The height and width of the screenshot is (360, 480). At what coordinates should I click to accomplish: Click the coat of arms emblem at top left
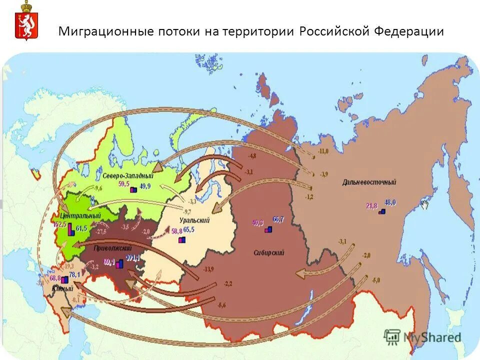pyautogui.click(x=23, y=20)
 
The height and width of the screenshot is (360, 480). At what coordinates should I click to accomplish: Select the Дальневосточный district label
pyautogui.click(x=369, y=182)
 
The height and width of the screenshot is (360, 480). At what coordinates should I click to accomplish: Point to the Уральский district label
pyautogui.click(x=194, y=220)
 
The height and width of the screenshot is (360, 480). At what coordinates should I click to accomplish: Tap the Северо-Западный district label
pyautogui.click(x=128, y=176)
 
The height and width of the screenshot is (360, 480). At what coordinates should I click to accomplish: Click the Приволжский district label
pyautogui.click(x=113, y=248)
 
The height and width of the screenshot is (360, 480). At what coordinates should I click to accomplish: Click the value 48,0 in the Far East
pyautogui.click(x=390, y=202)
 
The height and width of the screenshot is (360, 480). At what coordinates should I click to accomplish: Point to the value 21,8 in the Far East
pyautogui.click(x=371, y=205)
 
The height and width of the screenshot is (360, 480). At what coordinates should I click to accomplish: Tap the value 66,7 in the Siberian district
pyautogui.click(x=278, y=219)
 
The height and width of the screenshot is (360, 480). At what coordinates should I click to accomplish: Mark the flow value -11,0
pyautogui.click(x=323, y=151)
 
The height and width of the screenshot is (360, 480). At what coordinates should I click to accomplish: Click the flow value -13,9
pyautogui.click(x=208, y=269)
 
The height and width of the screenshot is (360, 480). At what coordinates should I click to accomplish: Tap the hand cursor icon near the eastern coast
pyautogui.click(x=425, y=204)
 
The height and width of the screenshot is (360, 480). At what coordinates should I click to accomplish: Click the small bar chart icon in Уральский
pyautogui.click(x=181, y=240)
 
